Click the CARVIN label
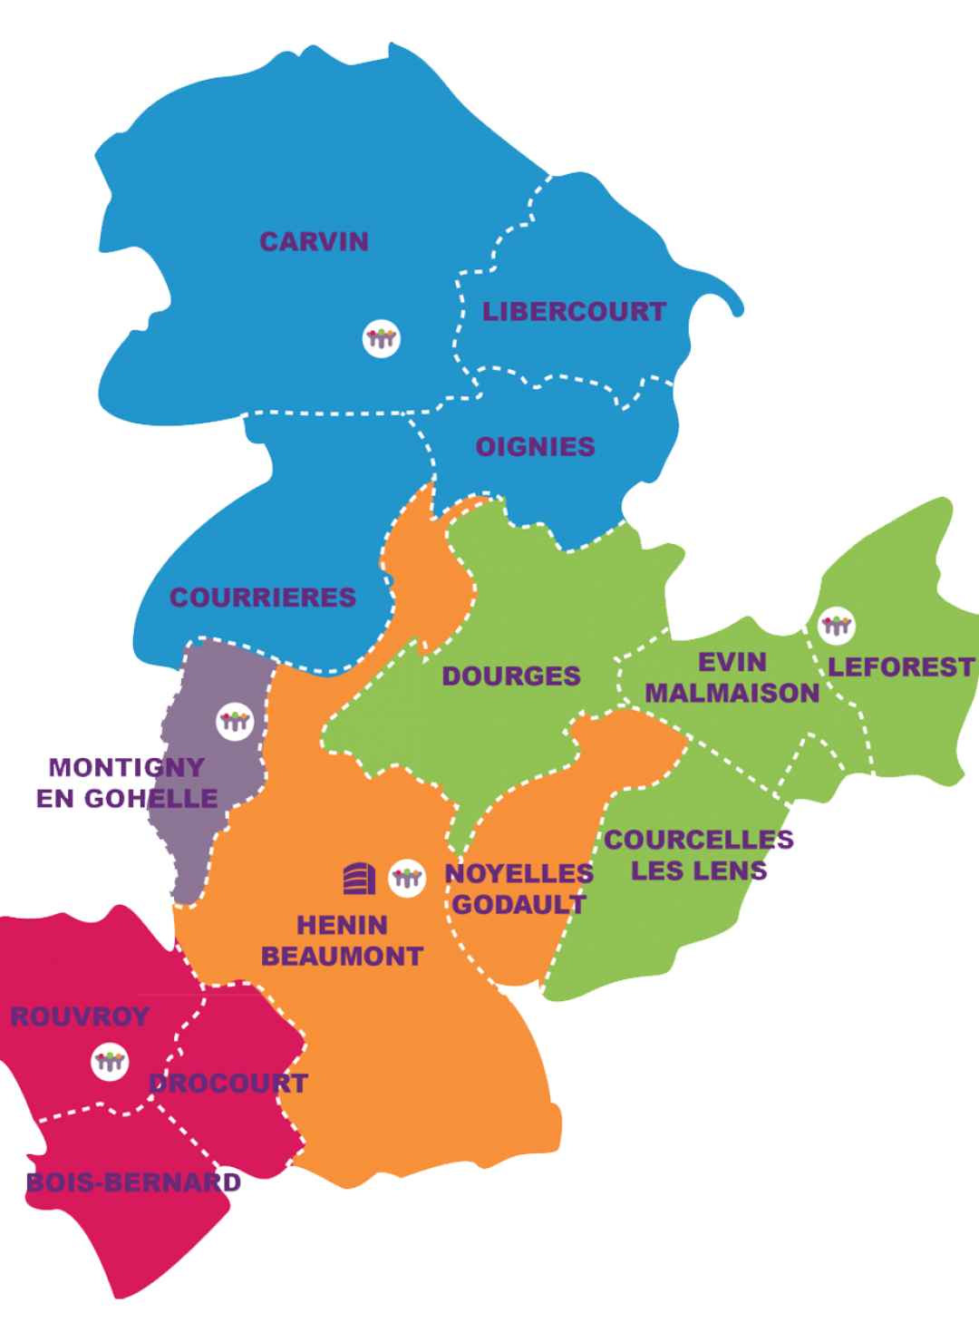tap(314, 242)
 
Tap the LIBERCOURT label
tap(574, 312)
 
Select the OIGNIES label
tap(536, 447)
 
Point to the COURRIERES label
tap(263, 598)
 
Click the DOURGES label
tap(511, 676)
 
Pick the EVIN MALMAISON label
tap(732, 678)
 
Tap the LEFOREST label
tap(901, 667)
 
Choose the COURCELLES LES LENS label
tap(700, 855)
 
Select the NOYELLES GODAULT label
tap(519, 889)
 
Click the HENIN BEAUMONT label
tap(342, 940)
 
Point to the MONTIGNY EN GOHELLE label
tap(127, 783)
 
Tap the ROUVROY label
tap(80, 1016)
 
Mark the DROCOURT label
tap(228, 1084)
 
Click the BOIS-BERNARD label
tap(133, 1182)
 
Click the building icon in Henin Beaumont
tap(359, 878)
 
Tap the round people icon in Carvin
tap(382, 338)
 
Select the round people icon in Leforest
tap(836, 625)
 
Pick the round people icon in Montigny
tap(235, 722)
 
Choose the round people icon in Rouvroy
tap(111, 1061)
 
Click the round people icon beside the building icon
tap(407, 878)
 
